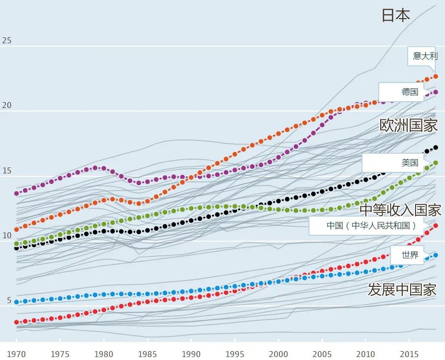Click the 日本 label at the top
396,15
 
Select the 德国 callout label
410,92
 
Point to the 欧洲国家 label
409,125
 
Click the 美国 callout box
410,163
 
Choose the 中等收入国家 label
400,210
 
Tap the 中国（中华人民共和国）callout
371,226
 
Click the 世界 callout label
410,255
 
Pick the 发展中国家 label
402,290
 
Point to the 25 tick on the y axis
7,40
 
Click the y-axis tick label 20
7,105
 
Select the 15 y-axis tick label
7,170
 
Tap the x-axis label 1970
17,354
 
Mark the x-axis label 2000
278,354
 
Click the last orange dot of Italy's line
435,77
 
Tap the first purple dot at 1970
17,194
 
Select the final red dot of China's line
435,226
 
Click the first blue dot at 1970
17,302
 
